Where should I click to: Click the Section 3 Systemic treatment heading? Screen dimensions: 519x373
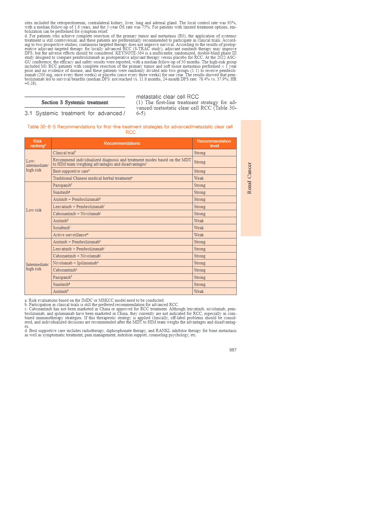(75, 103)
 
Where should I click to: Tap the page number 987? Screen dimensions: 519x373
(233, 350)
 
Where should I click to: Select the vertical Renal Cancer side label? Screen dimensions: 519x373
(250, 178)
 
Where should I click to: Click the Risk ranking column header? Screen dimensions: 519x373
(38, 144)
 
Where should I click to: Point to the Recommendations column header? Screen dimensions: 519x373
(122, 144)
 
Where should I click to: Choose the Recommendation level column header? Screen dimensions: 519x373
(214, 144)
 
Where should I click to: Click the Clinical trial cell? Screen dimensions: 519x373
(64, 153)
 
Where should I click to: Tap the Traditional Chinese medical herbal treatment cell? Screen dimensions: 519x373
(92, 178)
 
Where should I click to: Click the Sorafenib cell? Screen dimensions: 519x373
(62, 228)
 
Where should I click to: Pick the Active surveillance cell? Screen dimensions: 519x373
(70, 235)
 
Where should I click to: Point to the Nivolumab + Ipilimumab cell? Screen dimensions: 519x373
(76, 263)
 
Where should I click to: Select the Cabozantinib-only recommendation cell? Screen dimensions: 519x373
(65, 270)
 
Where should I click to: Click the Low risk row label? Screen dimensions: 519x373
(34, 210)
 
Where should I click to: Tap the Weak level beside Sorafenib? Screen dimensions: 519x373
(199, 228)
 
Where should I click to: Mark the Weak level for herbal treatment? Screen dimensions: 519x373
(199, 178)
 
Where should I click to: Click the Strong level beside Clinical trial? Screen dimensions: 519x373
(200, 153)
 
